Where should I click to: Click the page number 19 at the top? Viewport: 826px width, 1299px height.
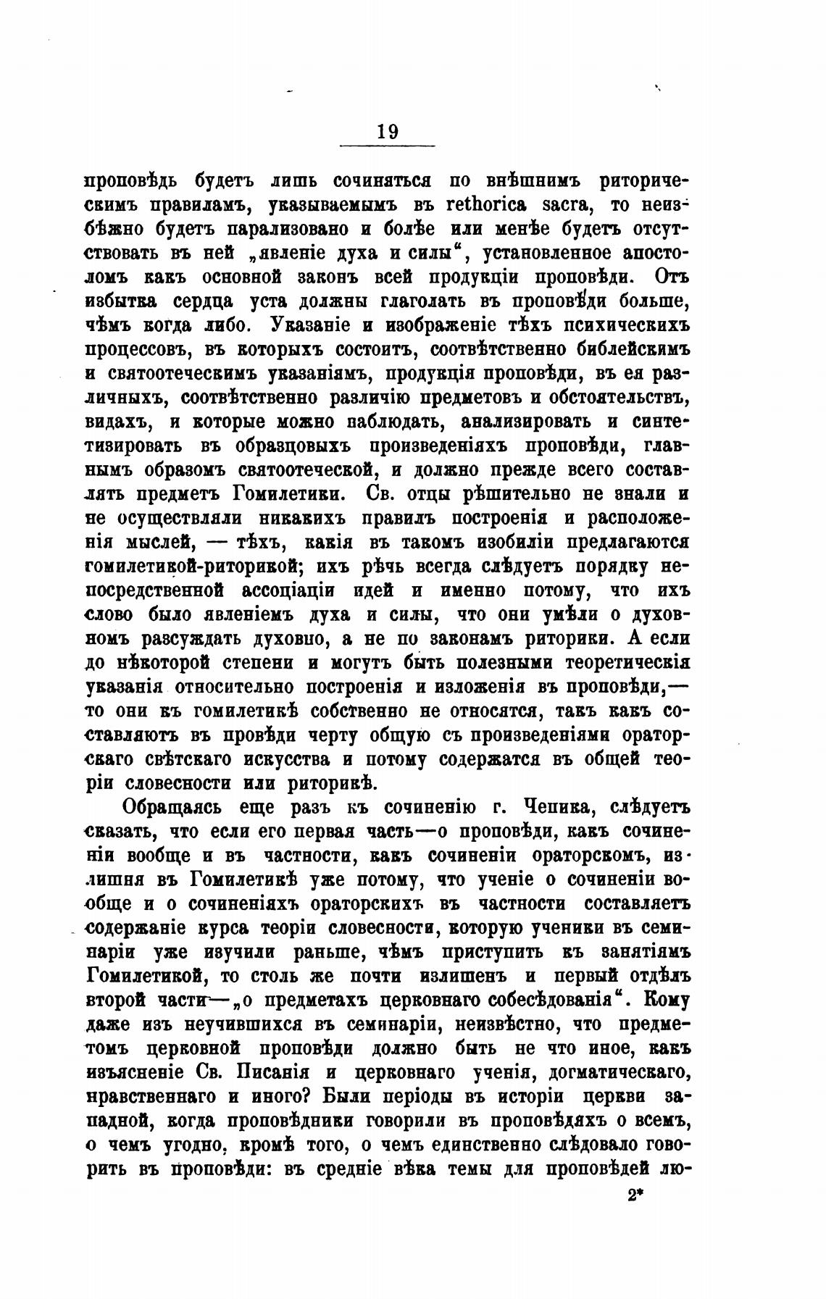pos(387,132)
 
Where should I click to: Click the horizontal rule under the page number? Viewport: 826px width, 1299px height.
pos(387,146)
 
